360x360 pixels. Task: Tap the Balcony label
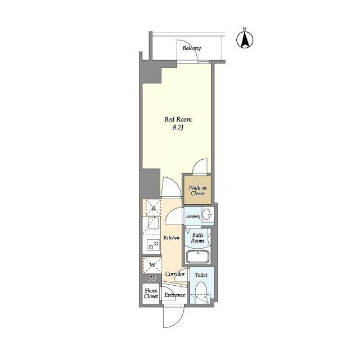pyautogui.click(x=192, y=48)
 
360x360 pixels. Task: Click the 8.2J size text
pyautogui.click(x=178, y=128)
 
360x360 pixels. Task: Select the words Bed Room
pyautogui.click(x=178, y=119)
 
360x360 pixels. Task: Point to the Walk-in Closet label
pyautogui.click(x=197, y=191)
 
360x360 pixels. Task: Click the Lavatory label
pyautogui.click(x=193, y=216)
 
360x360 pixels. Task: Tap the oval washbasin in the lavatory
pyautogui.click(x=208, y=214)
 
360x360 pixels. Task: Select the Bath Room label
pyautogui.click(x=197, y=238)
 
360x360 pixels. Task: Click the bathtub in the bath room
pyautogui.click(x=197, y=256)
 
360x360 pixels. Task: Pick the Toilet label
pyautogui.click(x=201, y=275)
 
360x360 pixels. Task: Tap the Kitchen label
pyautogui.click(x=172, y=237)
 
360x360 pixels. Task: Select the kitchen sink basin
pyautogui.click(x=153, y=223)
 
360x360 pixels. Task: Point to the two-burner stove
pyautogui.click(x=154, y=245)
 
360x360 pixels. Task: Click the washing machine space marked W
pyautogui.click(x=152, y=265)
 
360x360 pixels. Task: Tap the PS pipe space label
pyautogui.click(x=152, y=278)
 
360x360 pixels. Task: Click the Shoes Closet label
pyautogui.click(x=151, y=294)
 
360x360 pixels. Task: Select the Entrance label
pyautogui.click(x=175, y=295)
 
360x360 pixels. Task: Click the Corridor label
pyautogui.click(x=175, y=274)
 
